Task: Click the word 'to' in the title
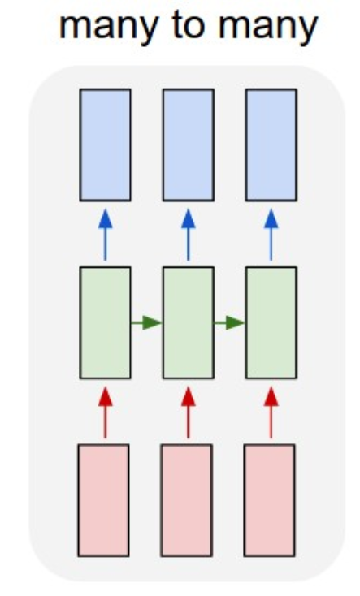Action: coord(189,26)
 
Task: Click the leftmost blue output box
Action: coord(105,145)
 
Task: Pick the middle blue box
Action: coord(188,145)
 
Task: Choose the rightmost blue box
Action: coord(271,145)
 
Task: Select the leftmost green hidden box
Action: coord(105,322)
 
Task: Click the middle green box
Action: coord(188,322)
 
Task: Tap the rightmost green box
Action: coord(271,322)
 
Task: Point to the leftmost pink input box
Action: coord(103,501)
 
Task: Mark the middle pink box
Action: coord(186,501)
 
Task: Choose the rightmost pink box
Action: coord(270,501)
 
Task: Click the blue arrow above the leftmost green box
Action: coord(105,235)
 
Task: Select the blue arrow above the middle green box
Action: coord(188,235)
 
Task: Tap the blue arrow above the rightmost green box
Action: coord(271,235)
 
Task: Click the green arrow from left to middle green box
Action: coord(146,323)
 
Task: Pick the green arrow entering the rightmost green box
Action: coord(229,323)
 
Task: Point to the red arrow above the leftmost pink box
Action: coord(105,412)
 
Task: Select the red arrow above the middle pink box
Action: coord(188,412)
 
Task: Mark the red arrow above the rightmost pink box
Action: coord(271,412)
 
